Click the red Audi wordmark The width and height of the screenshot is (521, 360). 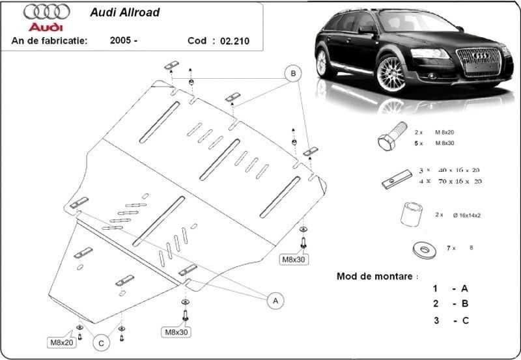pos(46,27)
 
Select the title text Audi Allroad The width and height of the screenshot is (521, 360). pos(133,12)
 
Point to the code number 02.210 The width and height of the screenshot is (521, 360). pos(234,40)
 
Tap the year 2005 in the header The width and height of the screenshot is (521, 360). pos(122,40)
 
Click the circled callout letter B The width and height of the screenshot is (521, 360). pos(294,74)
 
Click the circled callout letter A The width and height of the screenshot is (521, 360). pos(275,300)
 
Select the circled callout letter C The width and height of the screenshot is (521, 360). pos(101,342)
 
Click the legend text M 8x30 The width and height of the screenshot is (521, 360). pos(464,143)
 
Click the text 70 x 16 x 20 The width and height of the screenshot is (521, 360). pos(460,181)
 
